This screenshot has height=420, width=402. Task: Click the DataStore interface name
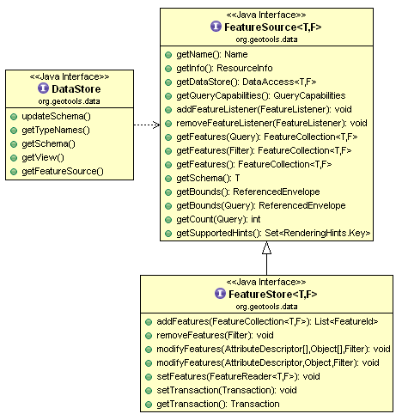pos(76,88)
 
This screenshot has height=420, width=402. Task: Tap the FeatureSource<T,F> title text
pos(273,27)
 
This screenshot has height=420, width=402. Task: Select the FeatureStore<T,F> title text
pos(273,294)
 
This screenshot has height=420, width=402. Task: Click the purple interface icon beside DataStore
pos(43,88)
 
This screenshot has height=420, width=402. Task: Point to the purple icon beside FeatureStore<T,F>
pos(220,294)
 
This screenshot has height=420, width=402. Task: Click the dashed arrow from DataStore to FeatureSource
pos(147,125)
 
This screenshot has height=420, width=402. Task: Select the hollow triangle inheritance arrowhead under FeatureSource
pos(266,247)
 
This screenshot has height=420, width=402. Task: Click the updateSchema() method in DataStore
pos(56,116)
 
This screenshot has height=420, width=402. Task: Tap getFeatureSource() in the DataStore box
pos(63,171)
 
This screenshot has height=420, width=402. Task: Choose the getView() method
pos(43,157)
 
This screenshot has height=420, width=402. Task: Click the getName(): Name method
pos(212,54)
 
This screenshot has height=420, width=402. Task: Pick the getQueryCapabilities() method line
pos(261,95)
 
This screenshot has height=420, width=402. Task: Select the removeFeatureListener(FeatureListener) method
pos(271,123)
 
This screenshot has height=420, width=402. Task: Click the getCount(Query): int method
pos(218,219)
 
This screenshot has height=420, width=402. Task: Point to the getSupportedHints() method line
pos(273,233)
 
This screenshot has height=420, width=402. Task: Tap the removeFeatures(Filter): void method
pos(215,335)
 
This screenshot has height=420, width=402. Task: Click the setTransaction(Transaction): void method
pos(227,390)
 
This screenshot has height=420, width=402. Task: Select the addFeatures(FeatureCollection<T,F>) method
pos(267,321)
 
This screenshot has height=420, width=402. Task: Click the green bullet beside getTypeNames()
pos(14,131)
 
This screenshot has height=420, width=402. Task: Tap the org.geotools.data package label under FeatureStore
pos(266,307)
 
